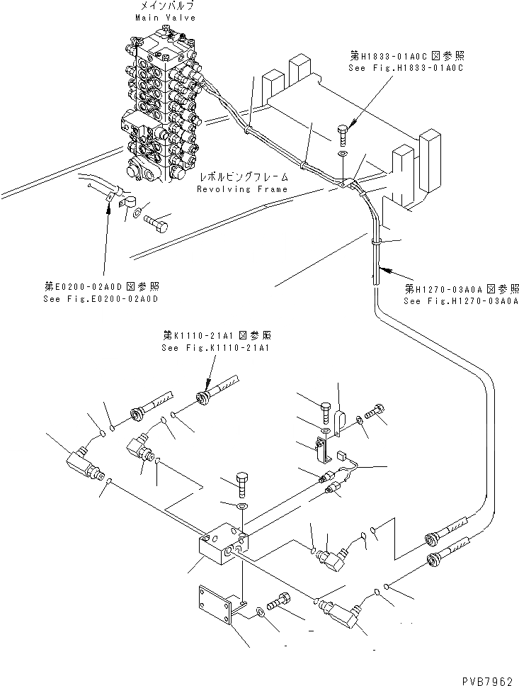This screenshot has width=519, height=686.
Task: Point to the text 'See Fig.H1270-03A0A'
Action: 461,300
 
